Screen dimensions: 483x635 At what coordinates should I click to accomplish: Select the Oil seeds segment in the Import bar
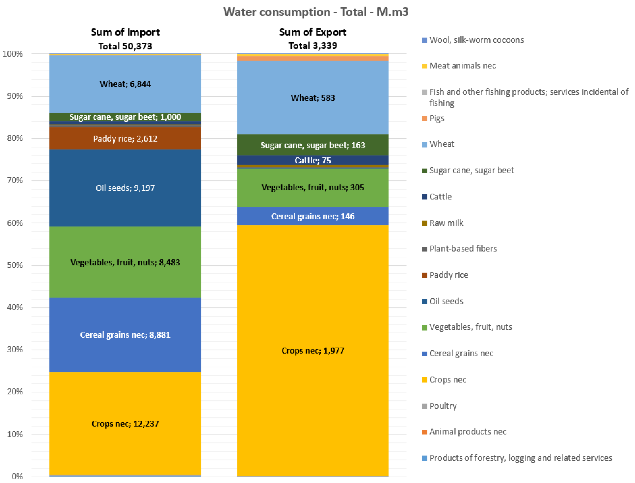[125, 188]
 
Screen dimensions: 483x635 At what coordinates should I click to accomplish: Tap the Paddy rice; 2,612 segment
[125, 139]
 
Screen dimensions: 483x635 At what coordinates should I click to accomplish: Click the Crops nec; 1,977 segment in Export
[313, 351]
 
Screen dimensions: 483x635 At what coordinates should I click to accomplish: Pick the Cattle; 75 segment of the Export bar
[313, 160]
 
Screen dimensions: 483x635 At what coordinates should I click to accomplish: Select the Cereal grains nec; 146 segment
[313, 216]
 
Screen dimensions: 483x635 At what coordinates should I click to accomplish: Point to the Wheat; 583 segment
[313, 98]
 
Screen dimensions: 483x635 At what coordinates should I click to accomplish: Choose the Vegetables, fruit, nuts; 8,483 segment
[125, 262]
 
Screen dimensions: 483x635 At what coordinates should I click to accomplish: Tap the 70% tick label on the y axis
[15, 180]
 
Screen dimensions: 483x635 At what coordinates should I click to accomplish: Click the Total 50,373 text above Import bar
[125, 46]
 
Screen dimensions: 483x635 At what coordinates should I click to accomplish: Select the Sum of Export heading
[313, 32]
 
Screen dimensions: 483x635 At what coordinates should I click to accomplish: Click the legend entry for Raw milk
[446, 223]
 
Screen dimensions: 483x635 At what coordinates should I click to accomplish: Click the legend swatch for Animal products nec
[425, 432]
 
